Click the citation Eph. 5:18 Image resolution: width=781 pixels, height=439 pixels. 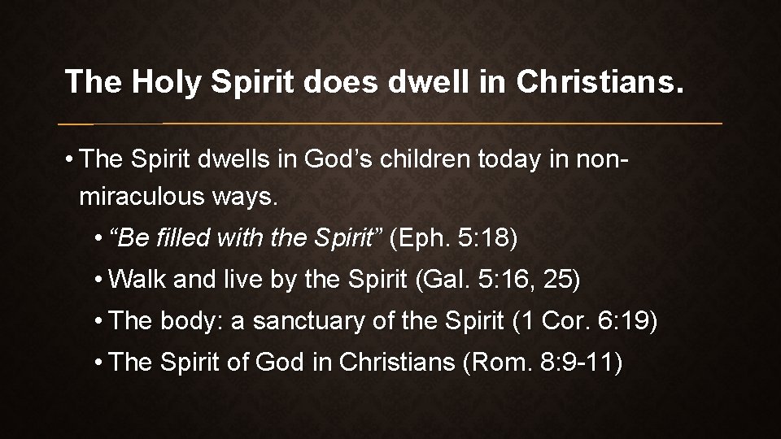tap(454, 240)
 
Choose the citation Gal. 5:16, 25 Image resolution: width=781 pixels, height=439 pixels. tap(498, 280)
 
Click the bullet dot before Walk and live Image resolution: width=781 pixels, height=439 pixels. tap(98, 281)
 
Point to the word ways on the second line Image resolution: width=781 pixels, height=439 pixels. tap(244, 197)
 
